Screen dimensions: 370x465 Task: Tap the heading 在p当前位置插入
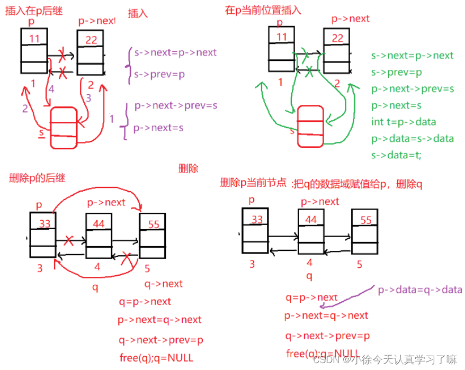pos(263,10)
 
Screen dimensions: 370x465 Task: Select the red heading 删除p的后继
pos(37,178)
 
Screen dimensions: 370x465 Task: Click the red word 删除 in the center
pos(189,168)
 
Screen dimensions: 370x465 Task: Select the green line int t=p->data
pos(404,122)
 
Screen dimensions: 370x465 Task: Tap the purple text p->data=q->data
pos(420,290)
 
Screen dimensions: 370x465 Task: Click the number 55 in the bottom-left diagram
pos(154,224)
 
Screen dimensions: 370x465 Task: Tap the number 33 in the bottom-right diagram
pos(257,219)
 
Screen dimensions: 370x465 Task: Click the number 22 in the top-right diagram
pos(337,38)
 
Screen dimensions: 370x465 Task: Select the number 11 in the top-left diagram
pos(34,38)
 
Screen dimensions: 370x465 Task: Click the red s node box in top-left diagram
pos(64,127)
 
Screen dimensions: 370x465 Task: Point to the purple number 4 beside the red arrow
pos(51,89)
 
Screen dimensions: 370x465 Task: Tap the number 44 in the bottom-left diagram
pos(99,224)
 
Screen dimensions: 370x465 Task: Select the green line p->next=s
pos(396,105)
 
